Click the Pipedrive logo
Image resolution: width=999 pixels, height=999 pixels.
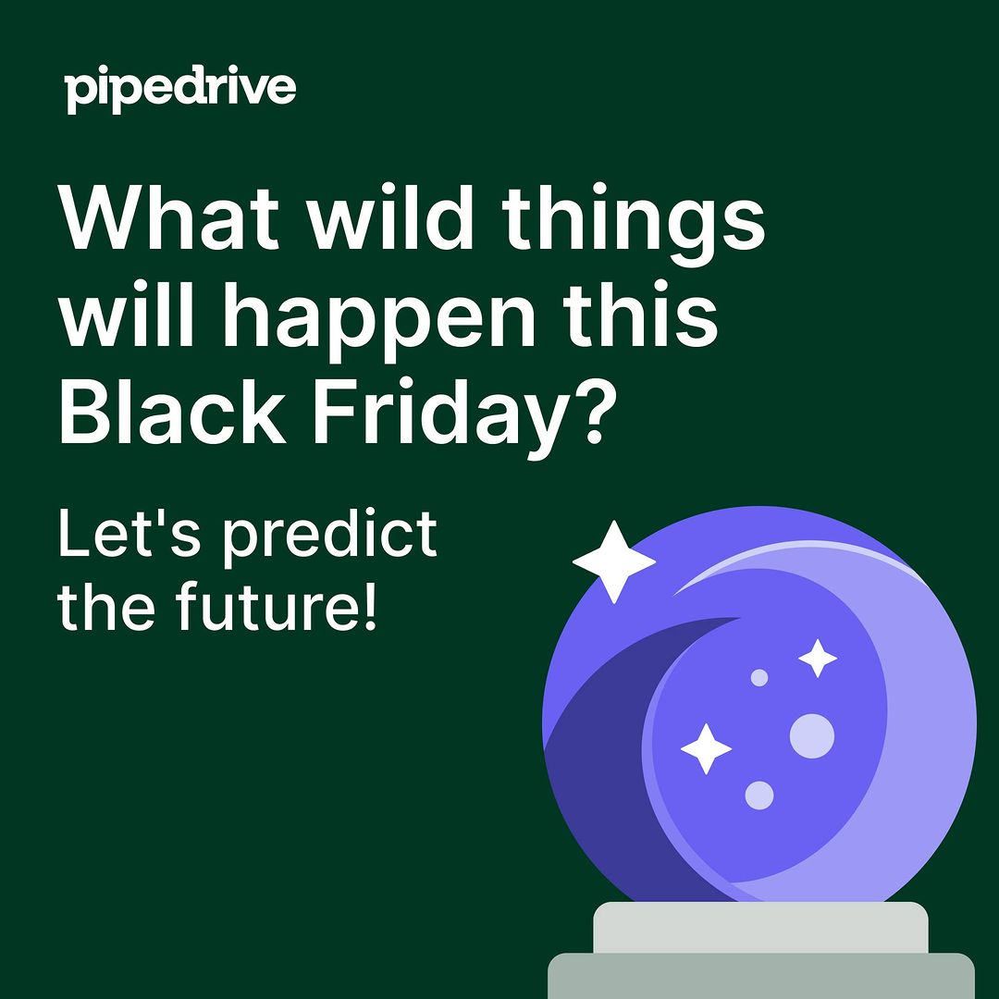tap(180, 89)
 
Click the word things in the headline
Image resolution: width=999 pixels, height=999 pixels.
tap(633, 226)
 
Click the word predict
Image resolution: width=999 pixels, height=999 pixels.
tap(329, 538)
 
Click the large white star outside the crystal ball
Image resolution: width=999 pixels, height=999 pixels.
tap(613, 562)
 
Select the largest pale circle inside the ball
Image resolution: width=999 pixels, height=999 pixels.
tap(812, 736)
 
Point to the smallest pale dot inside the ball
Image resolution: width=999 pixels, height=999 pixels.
tap(758, 677)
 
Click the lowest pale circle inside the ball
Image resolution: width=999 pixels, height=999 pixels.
tap(759, 795)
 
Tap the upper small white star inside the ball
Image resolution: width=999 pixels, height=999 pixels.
tap(818, 659)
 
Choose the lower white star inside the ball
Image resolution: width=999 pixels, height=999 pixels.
tap(705, 748)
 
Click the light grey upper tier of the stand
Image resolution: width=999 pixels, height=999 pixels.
tap(760, 928)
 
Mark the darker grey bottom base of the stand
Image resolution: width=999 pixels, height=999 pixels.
tap(760, 976)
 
